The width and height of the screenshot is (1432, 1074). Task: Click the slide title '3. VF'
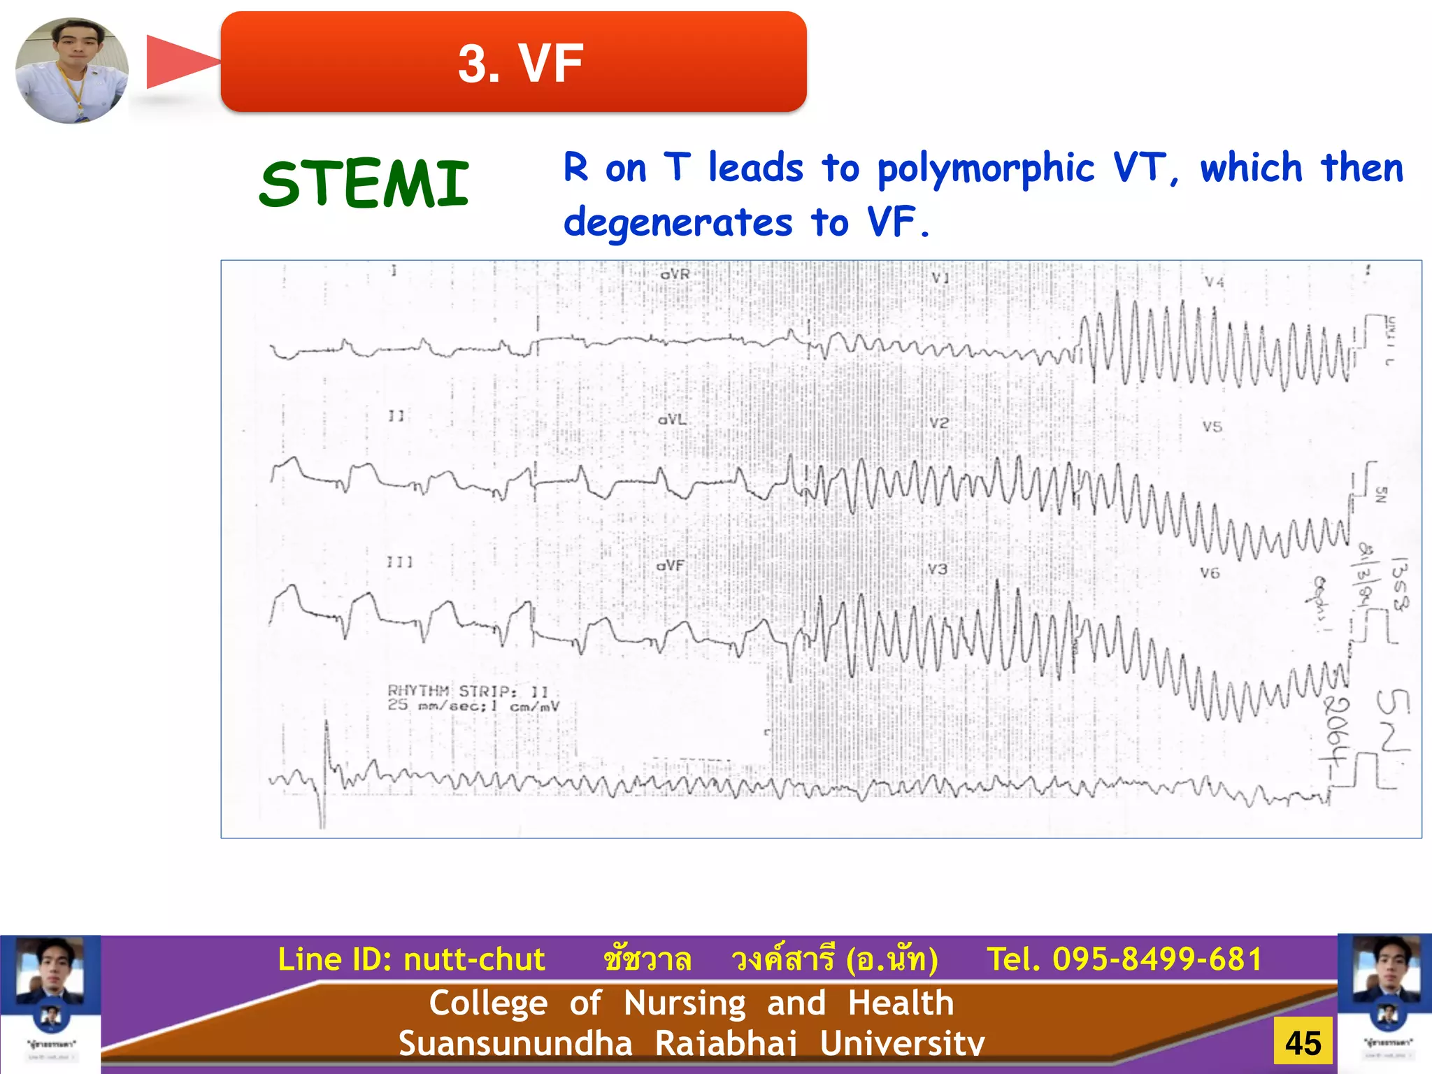[x=520, y=63]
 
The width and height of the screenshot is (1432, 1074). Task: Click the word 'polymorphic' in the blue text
[x=985, y=169]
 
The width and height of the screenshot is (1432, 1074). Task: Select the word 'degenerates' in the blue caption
[x=678, y=223]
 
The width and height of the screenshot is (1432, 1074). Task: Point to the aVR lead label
[x=675, y=275]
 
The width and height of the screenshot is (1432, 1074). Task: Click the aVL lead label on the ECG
[x=672, y=420]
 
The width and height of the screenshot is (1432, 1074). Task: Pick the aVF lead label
[x=670, y=565]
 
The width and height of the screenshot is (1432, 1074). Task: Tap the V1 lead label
[x=940, y=278]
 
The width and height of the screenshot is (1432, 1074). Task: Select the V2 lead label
[x=939, y=423]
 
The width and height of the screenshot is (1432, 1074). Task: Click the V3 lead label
[x=937, y=569]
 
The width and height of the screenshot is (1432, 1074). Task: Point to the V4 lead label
[x=1215, y=282]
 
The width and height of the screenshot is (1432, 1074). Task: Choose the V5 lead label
[x=1212, y=427]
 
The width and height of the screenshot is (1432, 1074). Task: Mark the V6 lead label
[x=1210, y=573]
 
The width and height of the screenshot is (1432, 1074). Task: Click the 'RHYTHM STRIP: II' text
[x=468, y=691]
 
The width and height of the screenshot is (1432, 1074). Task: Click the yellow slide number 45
[x=1303, y=1043]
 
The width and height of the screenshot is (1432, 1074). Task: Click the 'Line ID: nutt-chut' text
[x=411, y=959]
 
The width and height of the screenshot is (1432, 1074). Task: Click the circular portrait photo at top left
[x=72, y=71]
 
